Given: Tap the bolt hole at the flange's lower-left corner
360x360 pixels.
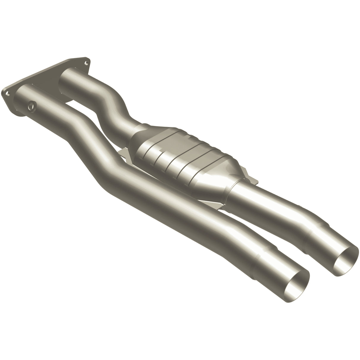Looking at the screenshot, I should (8, 94).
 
